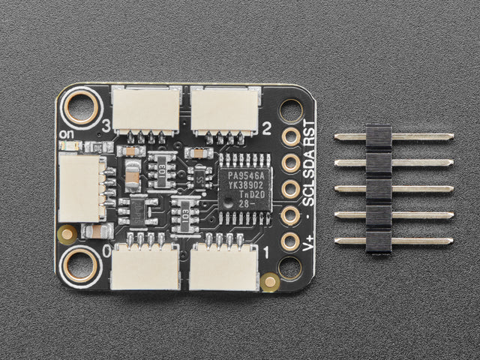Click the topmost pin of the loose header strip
click(393, 137)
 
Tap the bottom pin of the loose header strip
click(393, 241)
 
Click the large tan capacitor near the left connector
click(132, 177)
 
